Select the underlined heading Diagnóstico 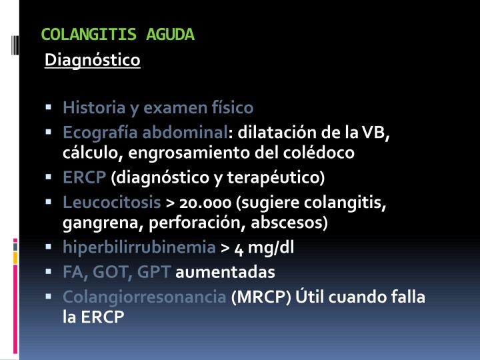point(93,61)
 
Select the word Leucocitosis point(112,201)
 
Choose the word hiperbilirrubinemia point(139,247)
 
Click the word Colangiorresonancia point(145,297)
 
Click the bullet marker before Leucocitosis point(49,201)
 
